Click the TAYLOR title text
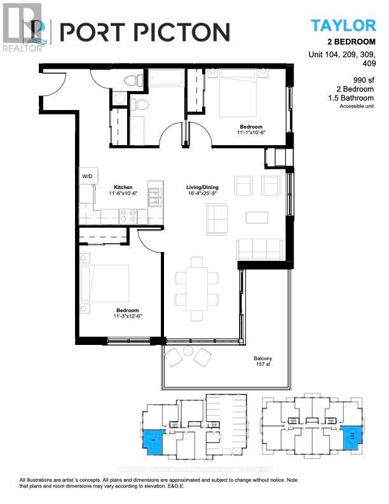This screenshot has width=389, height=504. point(343,25)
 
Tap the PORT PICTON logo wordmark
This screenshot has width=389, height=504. point(144,32)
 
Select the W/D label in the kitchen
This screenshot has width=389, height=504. point(87,176)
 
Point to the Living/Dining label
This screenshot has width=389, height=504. point(203,188)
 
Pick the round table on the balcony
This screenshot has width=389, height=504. point(188,351)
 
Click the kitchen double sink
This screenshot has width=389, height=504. point(153,197)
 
